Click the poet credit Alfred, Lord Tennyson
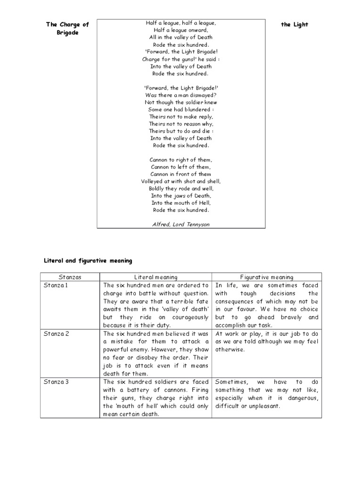(181, 225)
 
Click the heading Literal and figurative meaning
(88, 260)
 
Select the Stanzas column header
(70, 277)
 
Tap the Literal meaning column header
(156, 277)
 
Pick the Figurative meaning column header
(267, 277)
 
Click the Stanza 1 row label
(56, 285)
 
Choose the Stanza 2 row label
(56, 333)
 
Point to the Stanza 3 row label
(56, 382)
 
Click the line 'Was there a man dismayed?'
(181, 95)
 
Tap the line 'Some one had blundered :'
(181, 109)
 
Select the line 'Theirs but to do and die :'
(181, 131)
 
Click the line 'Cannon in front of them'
(181, 174)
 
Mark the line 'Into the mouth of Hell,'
(181, 203)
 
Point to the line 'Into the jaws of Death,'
(181, 196)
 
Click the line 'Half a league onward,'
(181, 30)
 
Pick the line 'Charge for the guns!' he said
(181, 59)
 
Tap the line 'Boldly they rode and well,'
(181, 189)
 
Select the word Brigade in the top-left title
(67, 33)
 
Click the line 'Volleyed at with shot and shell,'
(181, 181)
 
